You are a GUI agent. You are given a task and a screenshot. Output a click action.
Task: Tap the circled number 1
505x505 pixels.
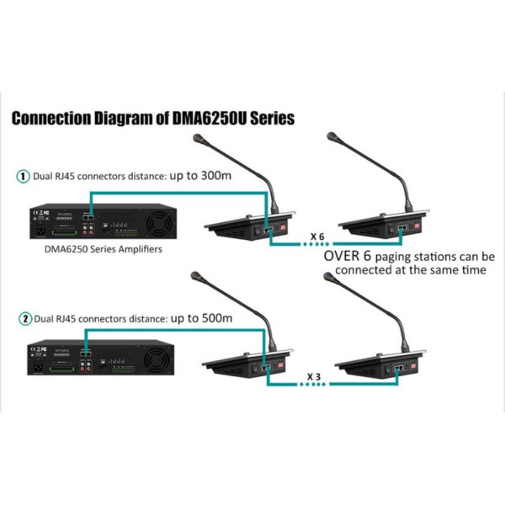(23, 178)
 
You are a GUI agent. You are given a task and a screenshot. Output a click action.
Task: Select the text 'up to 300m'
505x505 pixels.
(200, 177)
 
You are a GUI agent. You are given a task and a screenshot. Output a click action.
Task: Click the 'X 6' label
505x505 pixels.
(317, 235)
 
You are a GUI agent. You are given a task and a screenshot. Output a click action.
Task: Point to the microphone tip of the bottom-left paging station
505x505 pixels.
(196, 274)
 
